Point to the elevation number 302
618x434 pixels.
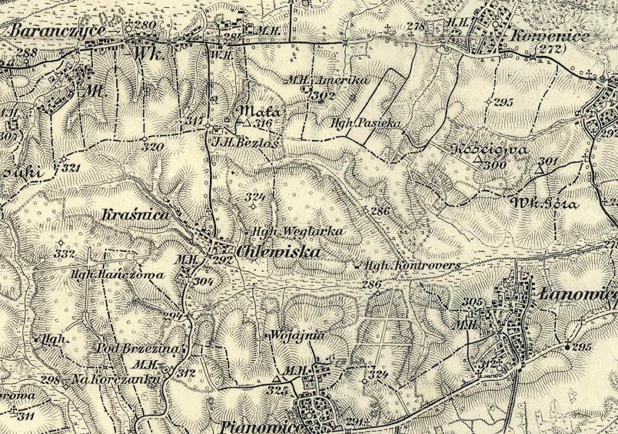(x=324, y=95)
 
